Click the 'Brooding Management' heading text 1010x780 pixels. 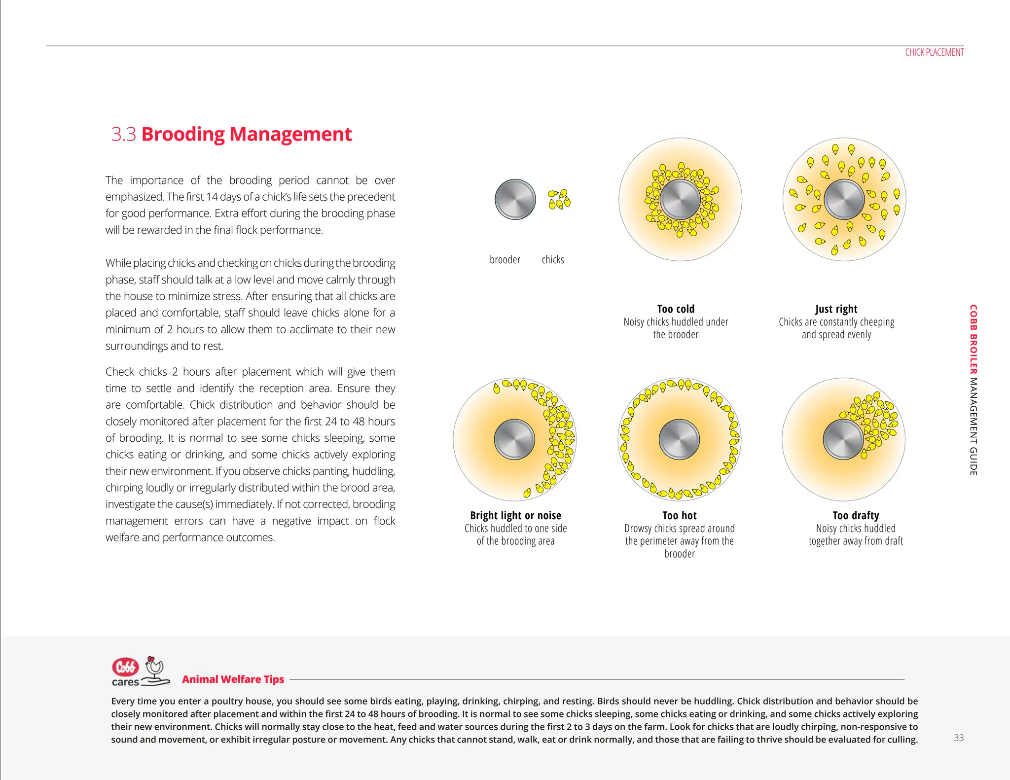tap(247, 134)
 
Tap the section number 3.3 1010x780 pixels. tap(123, 134)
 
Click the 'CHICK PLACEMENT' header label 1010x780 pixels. tap(934, 52)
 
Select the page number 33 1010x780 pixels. tap(958, 738)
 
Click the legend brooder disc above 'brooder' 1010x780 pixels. tap(515, 199)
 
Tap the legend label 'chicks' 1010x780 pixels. tap(553, 259)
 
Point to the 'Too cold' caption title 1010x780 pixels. tap(676, 309)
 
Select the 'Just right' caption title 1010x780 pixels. tap(836, 309)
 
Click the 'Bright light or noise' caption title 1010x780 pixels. tap(515, 515)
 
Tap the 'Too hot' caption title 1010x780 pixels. tap(679, 515)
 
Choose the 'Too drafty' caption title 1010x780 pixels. tap(856, 515)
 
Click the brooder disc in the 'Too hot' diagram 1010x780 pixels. tap(679, 439)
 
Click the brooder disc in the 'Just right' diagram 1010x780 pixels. tap(844, 199)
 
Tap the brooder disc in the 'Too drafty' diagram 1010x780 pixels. tap(843, 439)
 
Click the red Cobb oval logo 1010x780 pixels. tap(125, 667)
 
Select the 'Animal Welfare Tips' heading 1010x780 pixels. tap(233, 679)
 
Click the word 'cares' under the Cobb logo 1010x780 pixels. tap(125, 682)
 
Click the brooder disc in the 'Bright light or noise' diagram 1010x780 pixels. tap(514, 439)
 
